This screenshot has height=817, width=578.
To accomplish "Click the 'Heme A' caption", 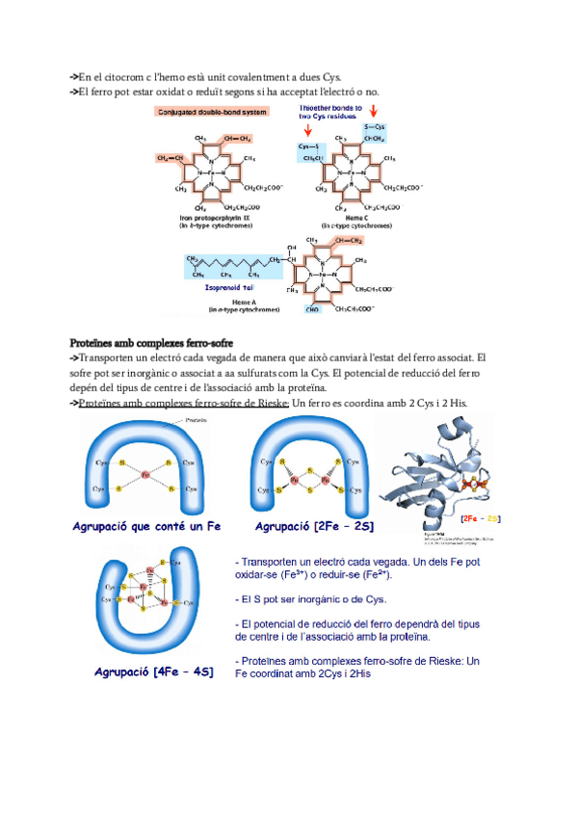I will coord(244,302).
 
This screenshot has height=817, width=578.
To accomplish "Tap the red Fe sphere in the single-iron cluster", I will coord(145,475).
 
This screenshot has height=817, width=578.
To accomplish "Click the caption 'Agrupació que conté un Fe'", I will coord(146,527).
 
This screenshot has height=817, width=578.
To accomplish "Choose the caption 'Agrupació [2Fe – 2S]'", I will coord(314,527).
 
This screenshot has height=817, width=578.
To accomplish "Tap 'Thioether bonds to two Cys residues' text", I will coord(330,113).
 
